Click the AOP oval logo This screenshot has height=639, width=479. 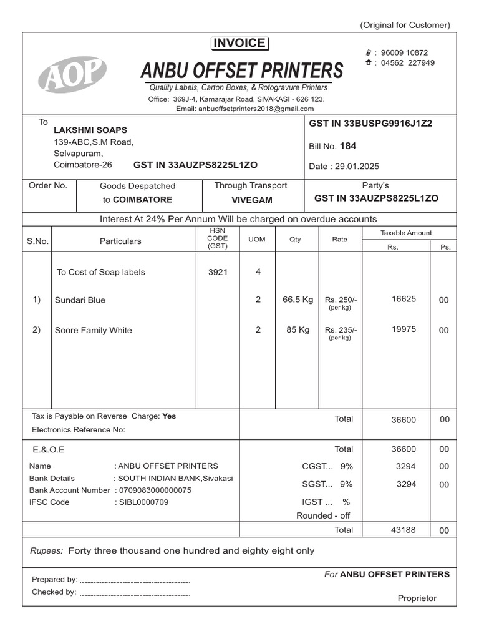tap(72, 74)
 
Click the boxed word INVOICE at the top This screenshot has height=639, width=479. tap(239, 43)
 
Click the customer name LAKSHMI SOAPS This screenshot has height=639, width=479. tap(90, 130)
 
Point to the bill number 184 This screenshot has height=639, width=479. tap(348, 146)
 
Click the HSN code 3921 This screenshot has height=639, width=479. tap(218, 272)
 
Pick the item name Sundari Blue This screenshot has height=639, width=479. tap(80, 300)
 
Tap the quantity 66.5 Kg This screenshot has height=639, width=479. tap(298, 300)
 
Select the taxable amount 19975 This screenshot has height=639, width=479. tap(404, 329)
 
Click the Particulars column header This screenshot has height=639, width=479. tap(120, 241)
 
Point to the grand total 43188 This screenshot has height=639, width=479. tap(404, 529)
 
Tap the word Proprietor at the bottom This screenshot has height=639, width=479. tap(417, 598)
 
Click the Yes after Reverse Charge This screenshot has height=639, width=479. tap(169, 416)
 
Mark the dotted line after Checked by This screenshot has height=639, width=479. tap(134, 593)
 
